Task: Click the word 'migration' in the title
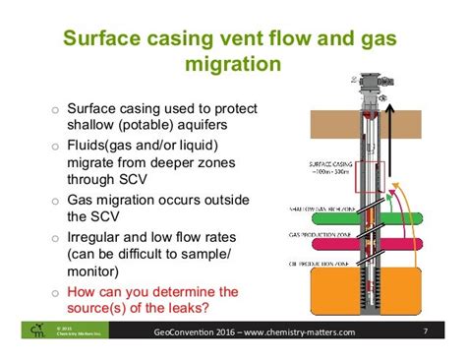pyautogui.click(x=232, y=64)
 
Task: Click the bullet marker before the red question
pyautogui.click(x=56, y=291)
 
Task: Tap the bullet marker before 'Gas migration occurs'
pyautogui.click(x=56, y=200)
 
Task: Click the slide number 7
pyautogui.click(x=424, y=332)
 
